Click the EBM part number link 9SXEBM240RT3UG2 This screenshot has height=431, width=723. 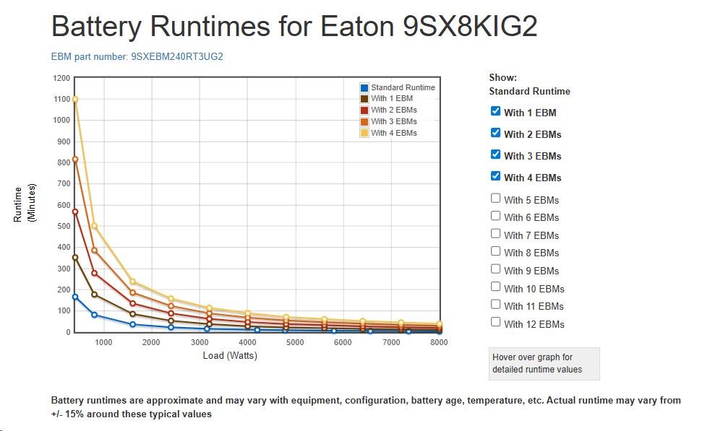coord(137,56)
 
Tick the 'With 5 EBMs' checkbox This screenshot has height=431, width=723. coord(495,198)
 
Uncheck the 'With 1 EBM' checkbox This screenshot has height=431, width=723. coord(495,111)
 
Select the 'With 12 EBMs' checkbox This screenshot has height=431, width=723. coord(495,322)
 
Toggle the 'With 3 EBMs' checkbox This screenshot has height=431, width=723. coord(495,154)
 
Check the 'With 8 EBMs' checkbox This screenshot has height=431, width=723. coord(495,251)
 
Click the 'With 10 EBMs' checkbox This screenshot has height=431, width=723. coord(495,287)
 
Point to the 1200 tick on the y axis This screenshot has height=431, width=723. coord(61,78)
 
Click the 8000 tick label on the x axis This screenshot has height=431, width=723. coord(438,342)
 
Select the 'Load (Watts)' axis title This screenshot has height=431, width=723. coord(230,355)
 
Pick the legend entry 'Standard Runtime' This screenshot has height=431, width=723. coord(402,87)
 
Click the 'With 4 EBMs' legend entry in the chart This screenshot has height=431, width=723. coord(393,133)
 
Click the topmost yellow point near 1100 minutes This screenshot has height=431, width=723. coord(75,100)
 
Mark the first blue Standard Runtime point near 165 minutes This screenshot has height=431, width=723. coord(75,297)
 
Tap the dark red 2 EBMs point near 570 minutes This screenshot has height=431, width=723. coord(75,212)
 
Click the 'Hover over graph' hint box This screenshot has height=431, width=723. coord(544,363)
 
